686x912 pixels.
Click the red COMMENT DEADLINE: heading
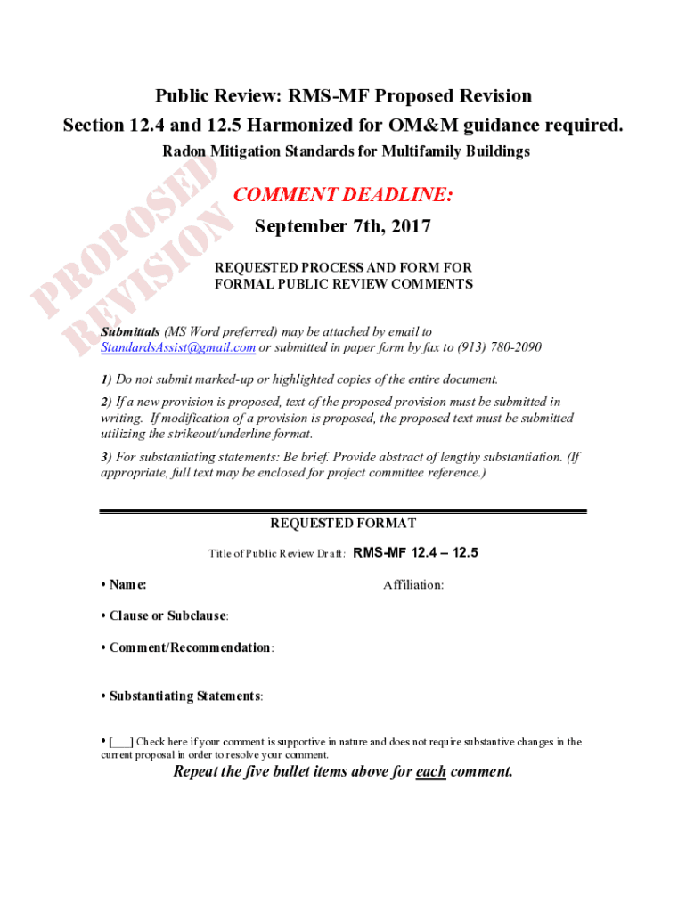[342, 195]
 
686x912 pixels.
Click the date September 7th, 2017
[342, 226]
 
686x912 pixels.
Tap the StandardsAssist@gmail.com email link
[178, 346]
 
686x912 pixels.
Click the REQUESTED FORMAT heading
[343, 524]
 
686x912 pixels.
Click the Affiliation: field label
[413, 584]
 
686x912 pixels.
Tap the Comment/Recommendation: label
[191, 647]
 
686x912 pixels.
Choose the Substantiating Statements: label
[185, 696]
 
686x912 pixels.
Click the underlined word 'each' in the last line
[431, 771]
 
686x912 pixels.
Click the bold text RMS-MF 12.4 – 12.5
[416, 552]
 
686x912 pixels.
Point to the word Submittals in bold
[130, 331]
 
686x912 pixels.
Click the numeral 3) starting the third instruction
[105, 457]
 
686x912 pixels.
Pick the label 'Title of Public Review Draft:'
[277, 553]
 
